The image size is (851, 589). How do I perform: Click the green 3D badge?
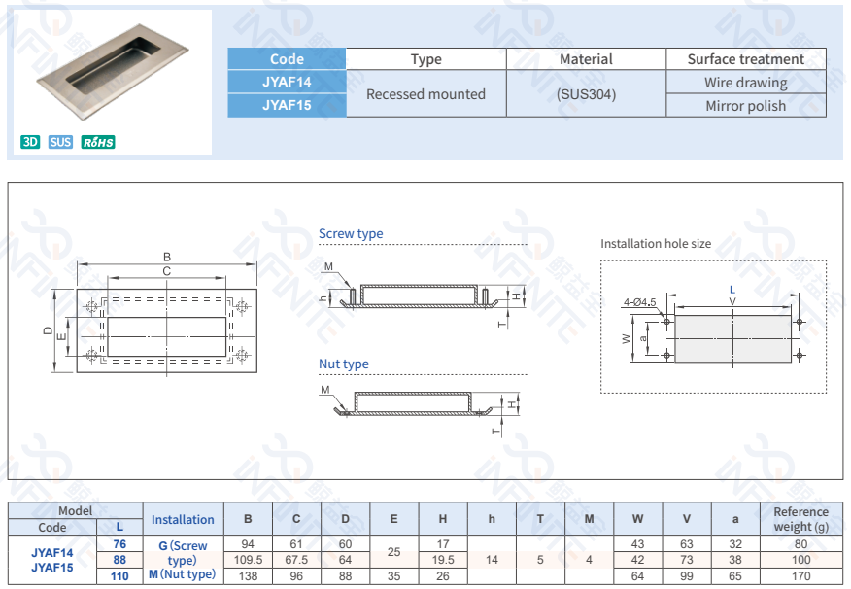(x=30, y=143)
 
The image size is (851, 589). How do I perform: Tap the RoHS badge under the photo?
(x=98, y=143)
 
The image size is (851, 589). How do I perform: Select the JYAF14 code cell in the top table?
(x=287, y=82)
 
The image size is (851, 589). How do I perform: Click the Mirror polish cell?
(x=745, y=106)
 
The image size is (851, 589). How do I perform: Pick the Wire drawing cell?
(x=745, y=83)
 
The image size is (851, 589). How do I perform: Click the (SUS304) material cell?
(x=586, y=94)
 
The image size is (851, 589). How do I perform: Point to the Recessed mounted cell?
(x=425, y=94)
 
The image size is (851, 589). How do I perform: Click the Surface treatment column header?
(x=745, y=59)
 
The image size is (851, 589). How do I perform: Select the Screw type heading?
(x=351, y=234)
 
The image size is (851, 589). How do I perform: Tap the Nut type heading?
(x=344, y=364)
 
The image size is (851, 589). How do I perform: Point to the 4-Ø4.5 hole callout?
(x=640, y=302)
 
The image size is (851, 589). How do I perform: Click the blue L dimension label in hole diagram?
(x=732, y=290)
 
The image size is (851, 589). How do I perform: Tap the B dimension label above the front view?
(x=167, y=258)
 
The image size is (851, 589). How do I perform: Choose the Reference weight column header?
(x=800, y=519)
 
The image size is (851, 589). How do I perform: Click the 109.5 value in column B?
(x=248, y=560)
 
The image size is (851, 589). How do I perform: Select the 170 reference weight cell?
(x=800, y=575)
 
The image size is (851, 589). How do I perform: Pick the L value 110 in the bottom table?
(x=119, y=575)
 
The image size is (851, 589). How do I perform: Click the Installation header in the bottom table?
(x=183, y=519)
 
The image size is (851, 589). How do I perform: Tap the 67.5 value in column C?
(x=296, y=560)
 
